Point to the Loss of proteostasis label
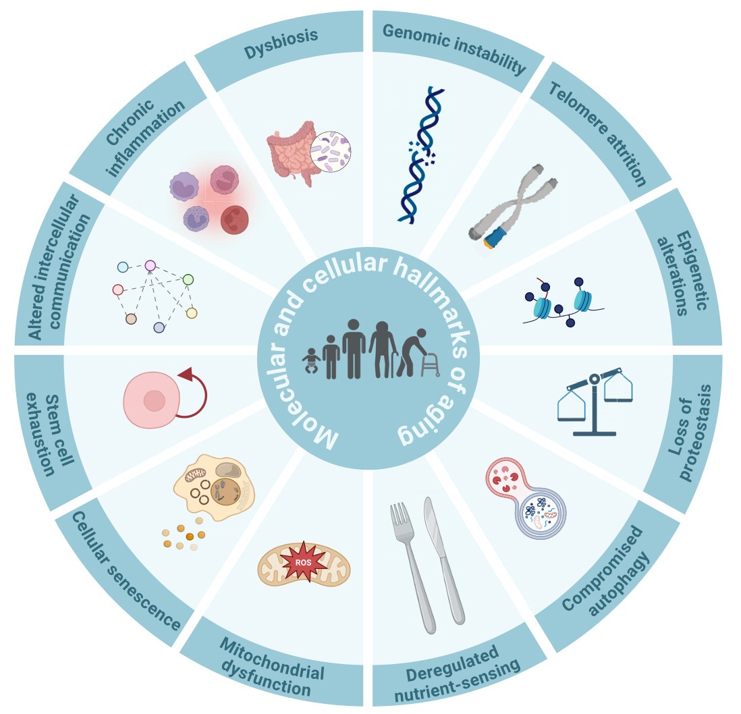[686, 433]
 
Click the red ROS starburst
[304, 563]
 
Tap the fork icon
[412, 560]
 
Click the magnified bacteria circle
[330, 149]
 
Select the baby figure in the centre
[312, 360]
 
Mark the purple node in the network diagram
[150, 266]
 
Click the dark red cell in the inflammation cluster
[234, 220]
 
